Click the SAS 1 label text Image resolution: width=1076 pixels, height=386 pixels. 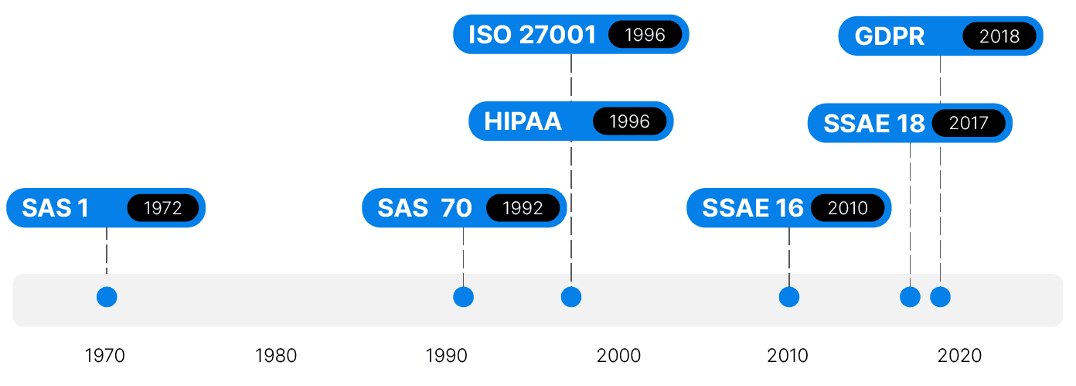[55, 208]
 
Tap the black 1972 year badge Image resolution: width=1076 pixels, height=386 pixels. [163, 208]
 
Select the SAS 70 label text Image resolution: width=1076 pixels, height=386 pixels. [424, 208]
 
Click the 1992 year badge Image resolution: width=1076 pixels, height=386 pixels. [523, 208]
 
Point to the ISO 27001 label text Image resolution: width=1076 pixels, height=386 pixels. [533, 35]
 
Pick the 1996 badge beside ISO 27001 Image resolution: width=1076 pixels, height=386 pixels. [645, 35]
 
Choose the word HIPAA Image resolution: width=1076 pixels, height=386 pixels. [523, 121]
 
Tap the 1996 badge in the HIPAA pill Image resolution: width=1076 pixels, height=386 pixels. [630, 121]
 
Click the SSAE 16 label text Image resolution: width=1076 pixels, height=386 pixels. [753, 208]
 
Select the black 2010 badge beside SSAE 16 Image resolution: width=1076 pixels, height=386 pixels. [848, 208]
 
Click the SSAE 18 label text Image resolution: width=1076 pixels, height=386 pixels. [873, 124]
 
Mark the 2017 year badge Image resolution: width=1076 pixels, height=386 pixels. [969, 123]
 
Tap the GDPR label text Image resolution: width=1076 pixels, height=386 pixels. [890, 36]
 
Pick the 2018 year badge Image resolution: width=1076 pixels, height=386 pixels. [999, 36]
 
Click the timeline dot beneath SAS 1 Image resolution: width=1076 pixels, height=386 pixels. [107, 297]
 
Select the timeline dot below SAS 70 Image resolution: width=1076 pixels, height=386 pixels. [464, 297]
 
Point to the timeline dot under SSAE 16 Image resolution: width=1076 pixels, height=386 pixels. [789, 297]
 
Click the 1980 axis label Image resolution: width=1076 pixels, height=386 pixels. [276, 356]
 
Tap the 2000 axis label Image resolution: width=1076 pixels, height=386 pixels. [618, 356]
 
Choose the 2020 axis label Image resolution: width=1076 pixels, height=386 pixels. [960, 356]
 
